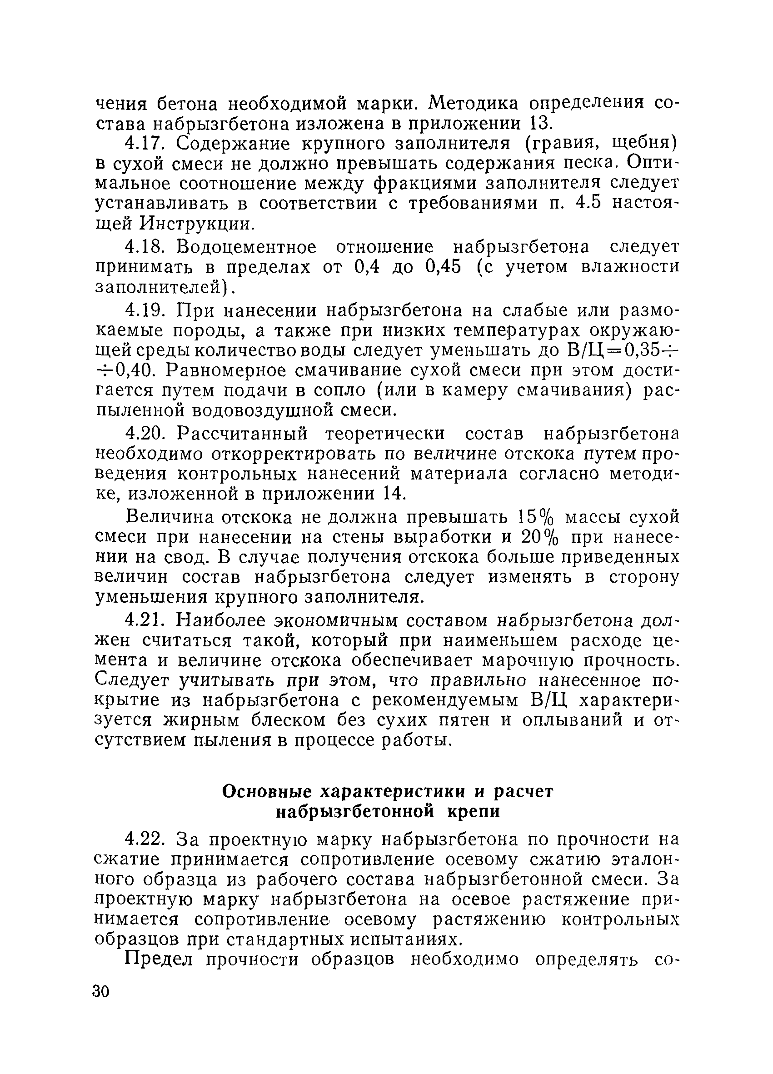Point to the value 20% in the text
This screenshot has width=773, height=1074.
(x=541, y=538)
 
